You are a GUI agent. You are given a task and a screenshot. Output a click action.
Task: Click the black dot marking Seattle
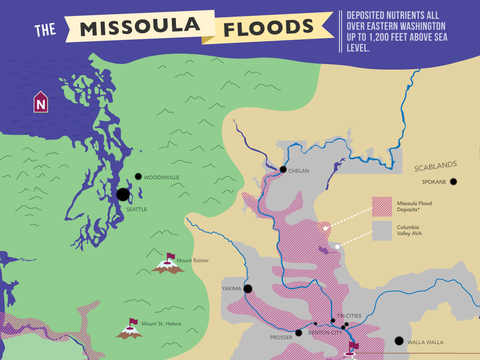pos(123,194)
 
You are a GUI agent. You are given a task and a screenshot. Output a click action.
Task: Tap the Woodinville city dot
pos(138,176)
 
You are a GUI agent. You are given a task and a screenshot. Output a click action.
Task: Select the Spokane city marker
pos(453,182)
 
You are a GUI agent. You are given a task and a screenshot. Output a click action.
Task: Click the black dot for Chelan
pos(283,170)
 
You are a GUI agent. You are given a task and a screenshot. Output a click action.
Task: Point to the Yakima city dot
pos(248,288)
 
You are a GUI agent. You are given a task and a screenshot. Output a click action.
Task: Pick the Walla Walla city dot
pos(399,341)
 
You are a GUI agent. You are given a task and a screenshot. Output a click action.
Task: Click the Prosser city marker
pos(299,333)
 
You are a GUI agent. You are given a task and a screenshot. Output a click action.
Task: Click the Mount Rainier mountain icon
pos(168,264)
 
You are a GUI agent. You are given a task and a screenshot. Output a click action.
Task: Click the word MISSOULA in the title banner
pos(140,27)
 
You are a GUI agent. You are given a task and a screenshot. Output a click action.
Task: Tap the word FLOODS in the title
pos(268,28)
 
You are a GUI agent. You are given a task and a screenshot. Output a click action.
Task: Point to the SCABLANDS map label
pos(436,166)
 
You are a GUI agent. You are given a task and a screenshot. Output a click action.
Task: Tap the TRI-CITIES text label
pos(349,316)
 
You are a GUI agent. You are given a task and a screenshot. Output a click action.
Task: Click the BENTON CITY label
pos(325,332)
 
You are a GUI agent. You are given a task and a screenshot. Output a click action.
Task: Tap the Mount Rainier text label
pos(193,261)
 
